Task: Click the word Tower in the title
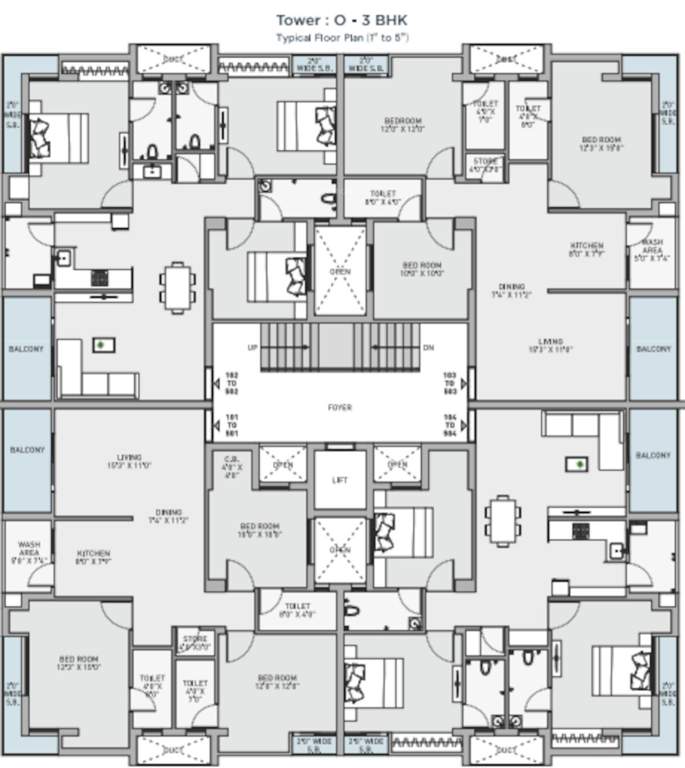point(297,19)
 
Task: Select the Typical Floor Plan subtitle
point(342,37)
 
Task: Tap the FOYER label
point(340,407)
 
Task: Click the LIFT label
point(340,480)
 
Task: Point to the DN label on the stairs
point(429,347)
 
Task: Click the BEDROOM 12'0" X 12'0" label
point(402,124)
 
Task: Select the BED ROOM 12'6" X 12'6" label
point(277,681)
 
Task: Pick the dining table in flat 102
point(178,286)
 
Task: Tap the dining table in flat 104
point(502,521)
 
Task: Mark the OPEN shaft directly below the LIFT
point(341,549)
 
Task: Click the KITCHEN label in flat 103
point(587,249)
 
